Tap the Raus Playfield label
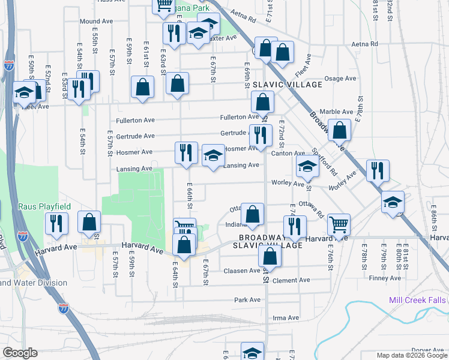point(44,206)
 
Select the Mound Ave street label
point(97,21)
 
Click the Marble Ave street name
point(336,112)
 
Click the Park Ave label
point(247,299)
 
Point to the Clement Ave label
point(291,280)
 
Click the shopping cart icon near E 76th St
point(339,224)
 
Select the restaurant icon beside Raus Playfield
point(56,223)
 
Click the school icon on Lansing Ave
point(213,156)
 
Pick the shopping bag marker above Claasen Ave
point(270,256)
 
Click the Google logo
point(20,353)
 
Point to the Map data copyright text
point(411,355)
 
